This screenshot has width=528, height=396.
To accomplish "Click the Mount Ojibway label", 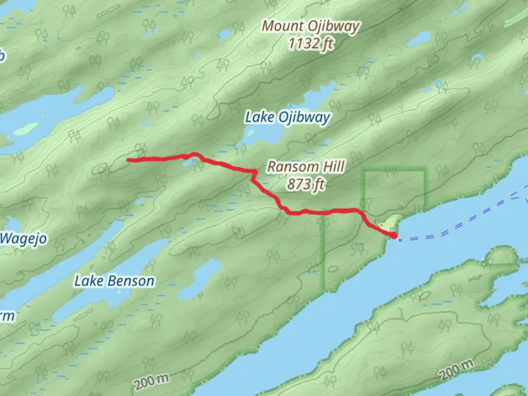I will point(310,26).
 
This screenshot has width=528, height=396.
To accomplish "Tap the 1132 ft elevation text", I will point(310,44).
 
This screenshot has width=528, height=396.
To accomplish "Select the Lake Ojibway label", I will point(287,118).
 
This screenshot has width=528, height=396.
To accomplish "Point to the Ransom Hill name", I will point(306,167).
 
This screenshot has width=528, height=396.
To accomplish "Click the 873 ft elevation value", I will point(306,184).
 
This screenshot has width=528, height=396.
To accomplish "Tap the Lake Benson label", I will point(114,281).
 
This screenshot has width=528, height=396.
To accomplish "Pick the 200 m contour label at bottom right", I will point(456,370).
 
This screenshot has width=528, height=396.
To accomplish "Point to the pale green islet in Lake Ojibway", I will point(250,132).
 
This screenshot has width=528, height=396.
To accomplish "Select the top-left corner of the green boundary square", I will point(364,170).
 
